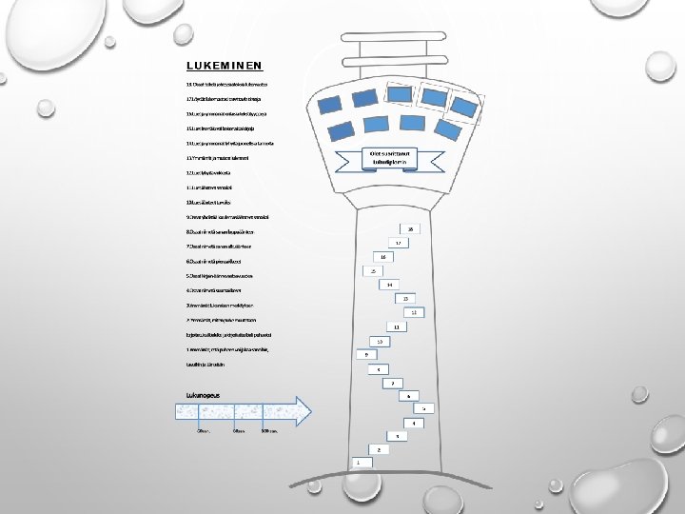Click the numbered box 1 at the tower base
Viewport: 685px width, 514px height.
click(359, 463)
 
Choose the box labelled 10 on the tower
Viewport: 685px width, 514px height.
click(380, 341)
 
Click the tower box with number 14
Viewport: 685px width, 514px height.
click(389, 285)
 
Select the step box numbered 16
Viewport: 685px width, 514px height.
click(382, 257)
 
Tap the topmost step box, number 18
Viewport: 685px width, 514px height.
click(410, 229)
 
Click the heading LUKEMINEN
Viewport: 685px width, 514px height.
click(224, 66)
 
